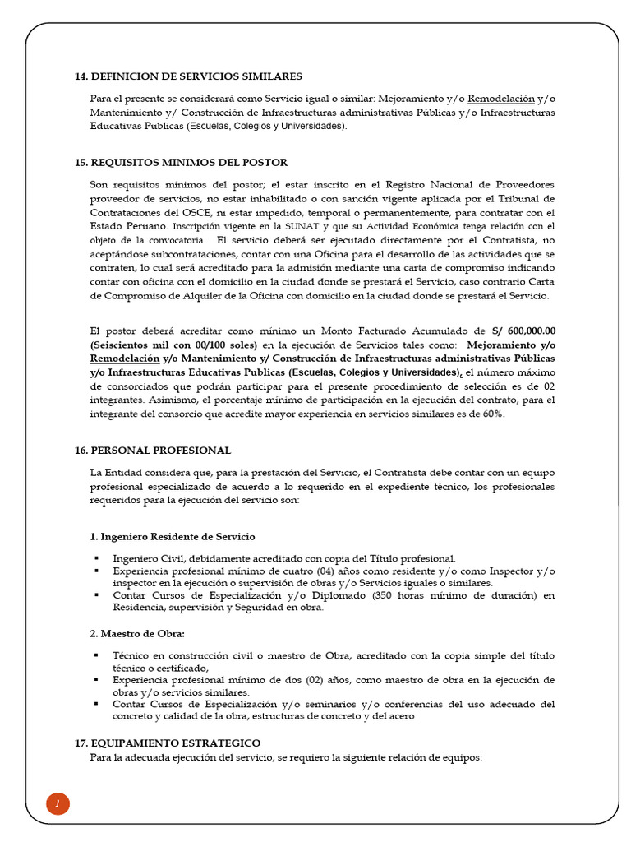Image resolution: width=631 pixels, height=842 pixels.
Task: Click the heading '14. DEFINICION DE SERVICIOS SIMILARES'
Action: pos(188,76)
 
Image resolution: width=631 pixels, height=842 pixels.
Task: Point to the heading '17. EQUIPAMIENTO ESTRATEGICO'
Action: pos(168,743)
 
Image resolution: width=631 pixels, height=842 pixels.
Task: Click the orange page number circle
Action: pos(58,804)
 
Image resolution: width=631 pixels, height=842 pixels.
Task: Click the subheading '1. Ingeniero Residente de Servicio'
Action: pos(173,537)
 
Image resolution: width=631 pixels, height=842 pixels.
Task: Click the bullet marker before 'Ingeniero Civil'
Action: pos(96,558)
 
